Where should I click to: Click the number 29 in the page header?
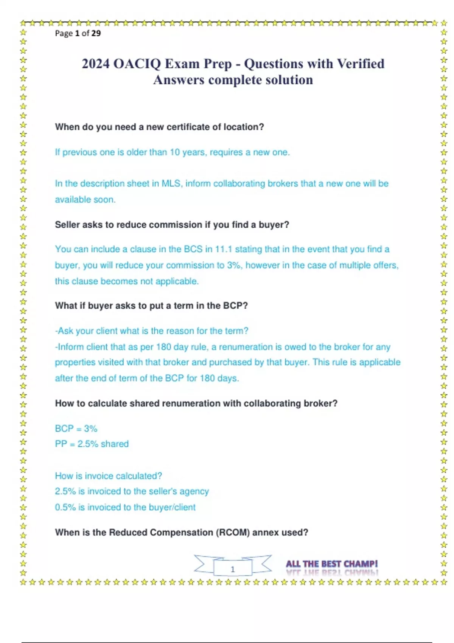96,33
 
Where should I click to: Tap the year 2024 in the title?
96,64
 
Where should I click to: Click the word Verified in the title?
361,64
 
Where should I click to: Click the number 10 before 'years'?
174,152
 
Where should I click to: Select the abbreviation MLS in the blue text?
171,184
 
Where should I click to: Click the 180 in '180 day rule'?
163,347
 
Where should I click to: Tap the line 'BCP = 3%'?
76,429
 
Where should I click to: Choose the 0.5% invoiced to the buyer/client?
65,507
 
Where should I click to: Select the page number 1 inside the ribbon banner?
233,569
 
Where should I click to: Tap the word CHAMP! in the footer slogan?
360,564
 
